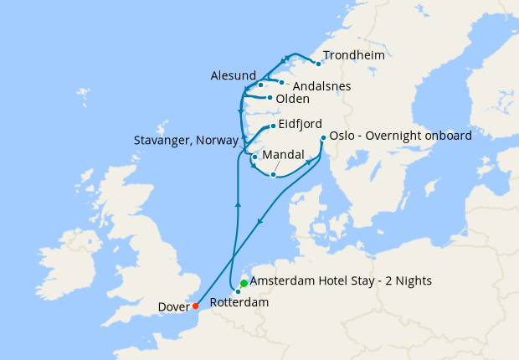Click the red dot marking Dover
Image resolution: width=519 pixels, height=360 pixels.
(x=195, y=306)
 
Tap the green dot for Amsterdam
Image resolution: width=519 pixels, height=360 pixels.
(x=244, y=283)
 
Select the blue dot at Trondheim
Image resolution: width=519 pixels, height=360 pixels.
(x=318, y=64)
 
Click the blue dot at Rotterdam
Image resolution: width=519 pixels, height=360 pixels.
(x=238, y=291)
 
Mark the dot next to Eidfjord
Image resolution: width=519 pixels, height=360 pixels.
(x=272, y=126)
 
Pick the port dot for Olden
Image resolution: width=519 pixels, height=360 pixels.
(x=269, y=99)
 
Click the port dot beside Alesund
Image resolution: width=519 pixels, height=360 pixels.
(x=261, y=85)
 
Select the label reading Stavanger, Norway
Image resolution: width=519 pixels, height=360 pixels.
(x=187, y=141)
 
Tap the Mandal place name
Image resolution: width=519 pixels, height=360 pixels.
(x=282, y=156)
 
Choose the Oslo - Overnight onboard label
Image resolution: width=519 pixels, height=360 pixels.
(x=401, y=136)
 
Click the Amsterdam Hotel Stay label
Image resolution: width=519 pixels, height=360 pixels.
(x=341, y=281)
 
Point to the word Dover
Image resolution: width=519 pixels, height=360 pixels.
(x=173, y=307)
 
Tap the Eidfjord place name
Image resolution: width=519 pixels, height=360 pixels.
(x=300, y=124)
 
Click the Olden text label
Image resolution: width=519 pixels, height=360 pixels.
(x=292, y=99)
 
